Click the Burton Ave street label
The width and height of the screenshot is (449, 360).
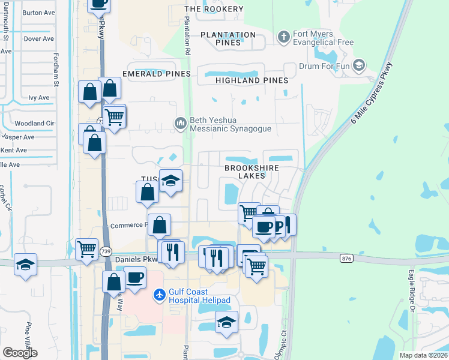38,11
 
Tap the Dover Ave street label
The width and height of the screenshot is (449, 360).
38,39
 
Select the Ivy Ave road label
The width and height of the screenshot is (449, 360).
38,97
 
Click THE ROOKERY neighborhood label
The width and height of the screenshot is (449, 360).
214,9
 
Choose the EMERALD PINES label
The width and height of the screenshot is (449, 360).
156,74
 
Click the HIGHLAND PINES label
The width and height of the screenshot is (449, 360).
252,80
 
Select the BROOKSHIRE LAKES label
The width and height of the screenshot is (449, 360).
252,172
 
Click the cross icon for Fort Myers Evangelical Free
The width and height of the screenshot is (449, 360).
283,38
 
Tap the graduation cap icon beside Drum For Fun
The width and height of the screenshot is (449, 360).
360,65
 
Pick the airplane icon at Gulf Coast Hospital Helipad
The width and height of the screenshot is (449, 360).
160,295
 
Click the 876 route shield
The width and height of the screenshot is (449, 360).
346,258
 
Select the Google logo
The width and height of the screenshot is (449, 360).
20,353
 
